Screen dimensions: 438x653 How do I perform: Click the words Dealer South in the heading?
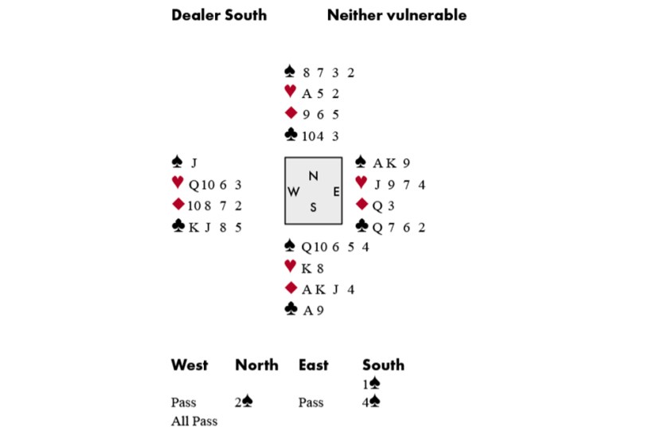[219, 15]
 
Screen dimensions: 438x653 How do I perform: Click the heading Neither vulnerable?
[397, 15]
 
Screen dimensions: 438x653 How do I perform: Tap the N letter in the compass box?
[313, 175]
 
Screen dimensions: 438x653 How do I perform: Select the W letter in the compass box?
[294, 192]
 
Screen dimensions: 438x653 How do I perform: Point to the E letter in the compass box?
[335, 192]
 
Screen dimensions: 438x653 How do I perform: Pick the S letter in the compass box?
[313, 207]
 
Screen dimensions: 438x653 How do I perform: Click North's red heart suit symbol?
[291, 92]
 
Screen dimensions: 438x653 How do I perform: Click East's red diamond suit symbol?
[360, 205]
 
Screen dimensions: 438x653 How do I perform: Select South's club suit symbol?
[291, 310]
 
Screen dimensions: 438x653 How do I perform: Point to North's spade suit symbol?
[291, 72]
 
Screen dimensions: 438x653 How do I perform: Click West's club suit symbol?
[178, 227]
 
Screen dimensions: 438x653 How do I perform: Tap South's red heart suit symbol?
[291, 268]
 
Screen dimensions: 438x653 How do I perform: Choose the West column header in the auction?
[190, 366]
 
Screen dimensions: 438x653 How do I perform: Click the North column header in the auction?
[256, 366]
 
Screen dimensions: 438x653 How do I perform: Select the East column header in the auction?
[313, 366]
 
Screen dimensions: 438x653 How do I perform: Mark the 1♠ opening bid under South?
[371, 384]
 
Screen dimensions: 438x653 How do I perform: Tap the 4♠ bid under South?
[371, 402]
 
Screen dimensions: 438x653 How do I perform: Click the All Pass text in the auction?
[194, 421]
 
